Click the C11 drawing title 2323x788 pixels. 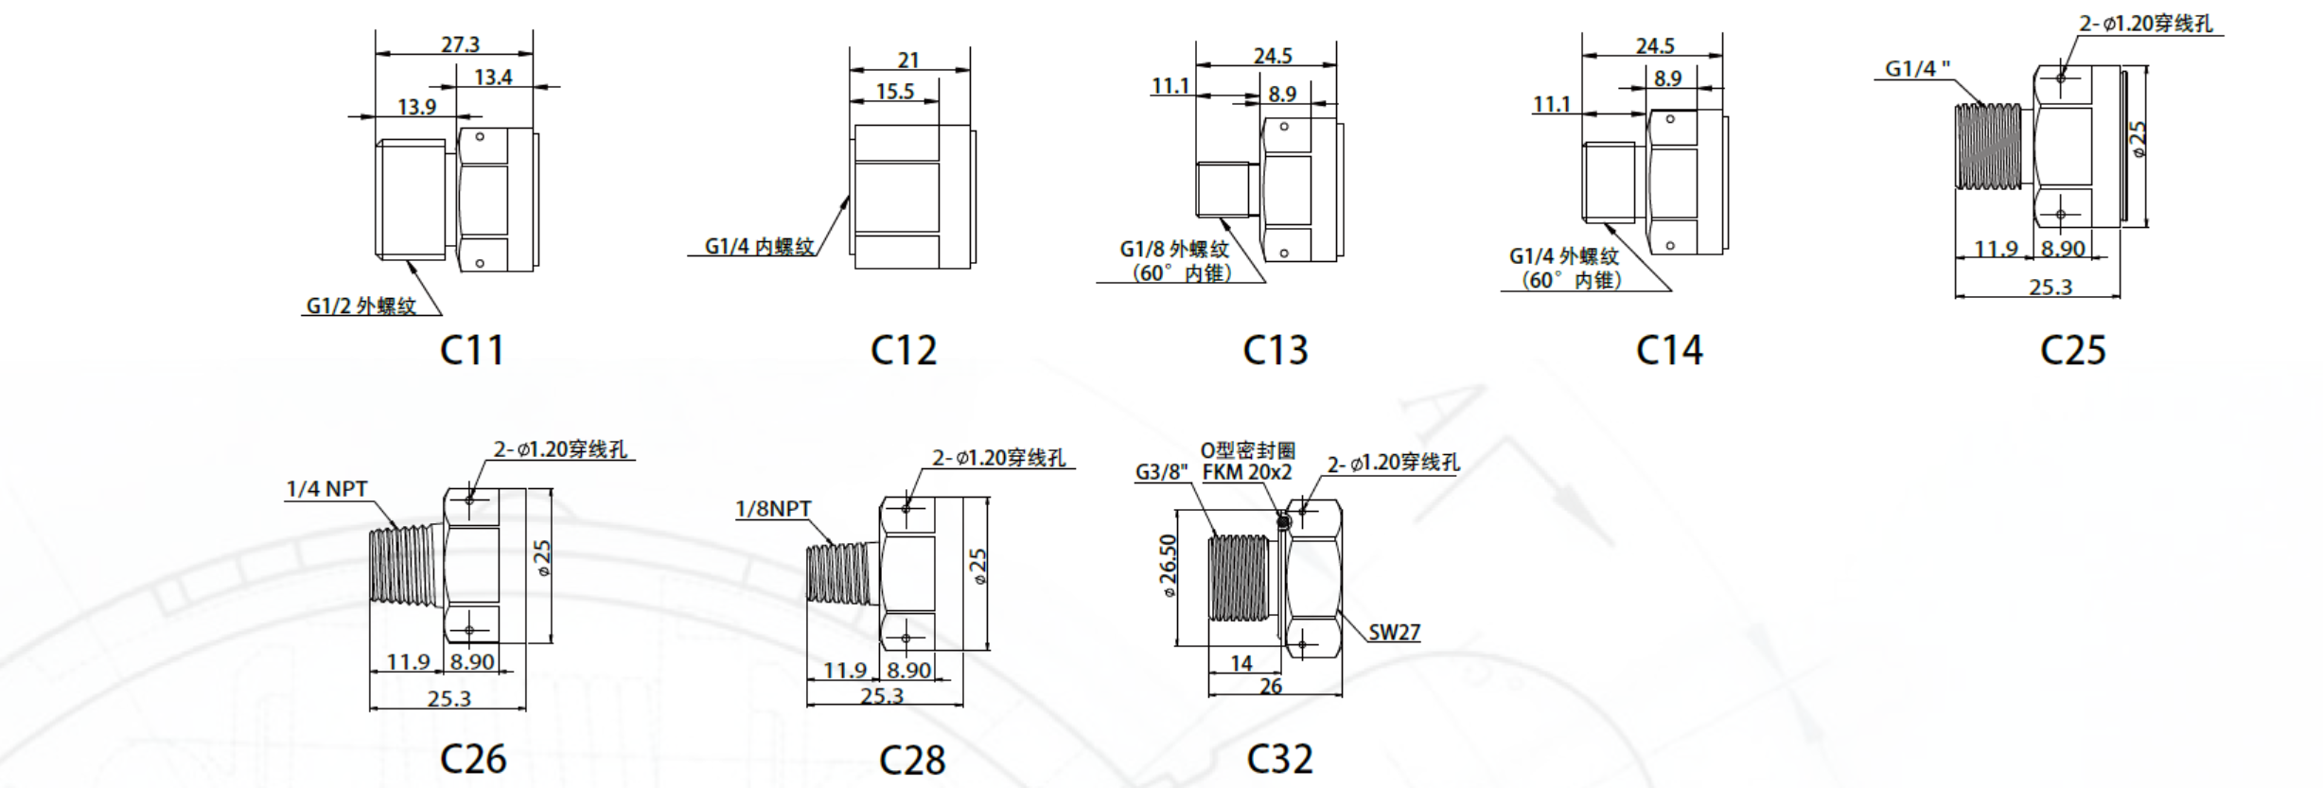472,351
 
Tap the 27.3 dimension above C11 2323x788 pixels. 460,44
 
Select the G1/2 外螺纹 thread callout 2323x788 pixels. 361,306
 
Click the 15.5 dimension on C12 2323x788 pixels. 895,92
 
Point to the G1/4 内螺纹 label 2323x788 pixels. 759,246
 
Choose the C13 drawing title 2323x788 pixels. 1275,351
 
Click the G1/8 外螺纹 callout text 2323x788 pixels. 1174,249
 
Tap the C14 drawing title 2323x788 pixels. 1669,351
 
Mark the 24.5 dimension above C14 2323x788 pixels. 1655,45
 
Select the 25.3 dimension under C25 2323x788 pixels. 2050,287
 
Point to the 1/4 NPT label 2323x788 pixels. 326,489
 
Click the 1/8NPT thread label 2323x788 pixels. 773,509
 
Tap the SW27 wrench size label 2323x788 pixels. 1394,632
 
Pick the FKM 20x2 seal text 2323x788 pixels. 1247,472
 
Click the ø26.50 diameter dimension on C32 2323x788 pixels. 1169,566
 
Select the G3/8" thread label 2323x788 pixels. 1161,471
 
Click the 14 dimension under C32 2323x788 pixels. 1241,663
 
